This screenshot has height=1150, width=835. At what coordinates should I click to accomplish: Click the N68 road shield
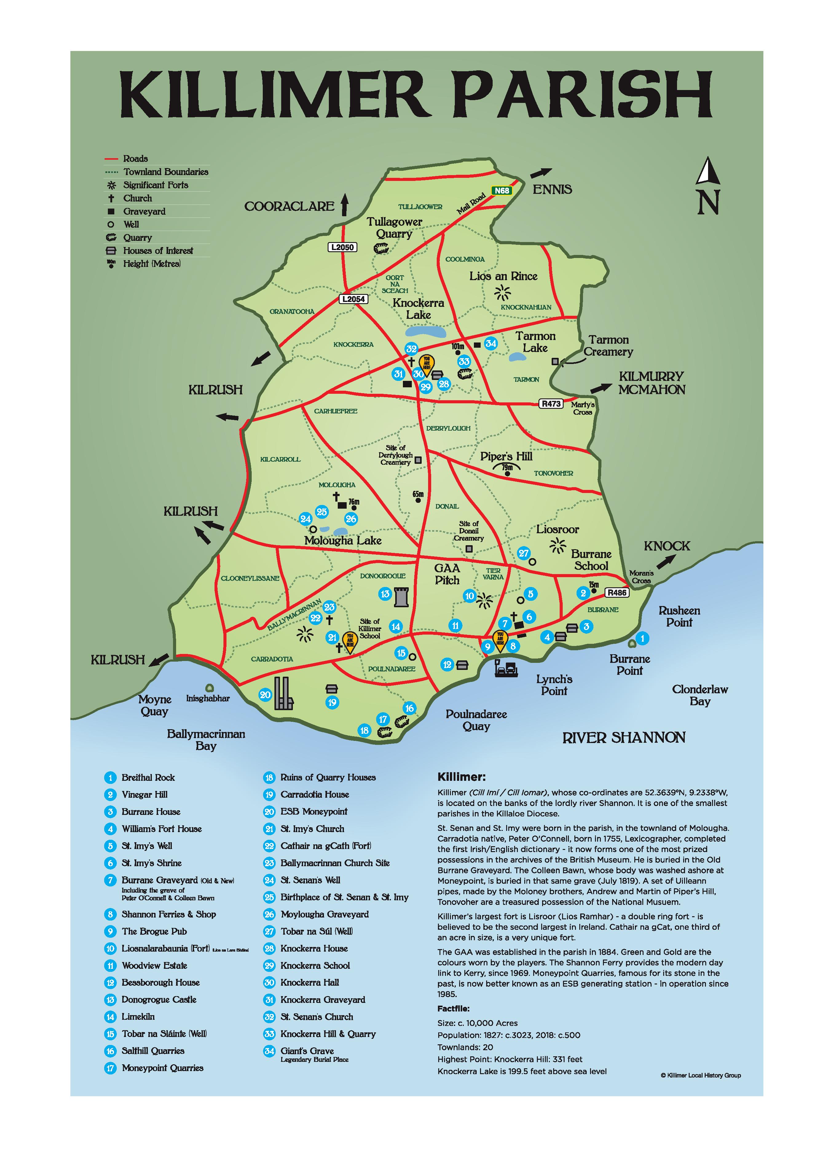coord(501,191)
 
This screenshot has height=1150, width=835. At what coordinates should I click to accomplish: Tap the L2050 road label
coord(342,248)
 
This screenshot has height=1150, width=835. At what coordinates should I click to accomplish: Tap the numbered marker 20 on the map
coord(265,695)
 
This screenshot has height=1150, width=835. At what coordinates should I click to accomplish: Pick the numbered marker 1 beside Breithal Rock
coord(642,638)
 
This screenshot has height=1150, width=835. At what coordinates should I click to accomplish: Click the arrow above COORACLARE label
coord(345,205)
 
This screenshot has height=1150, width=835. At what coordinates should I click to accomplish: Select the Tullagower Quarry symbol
coord(380,248)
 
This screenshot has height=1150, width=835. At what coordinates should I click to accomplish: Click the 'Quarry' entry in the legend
coord(137,237)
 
